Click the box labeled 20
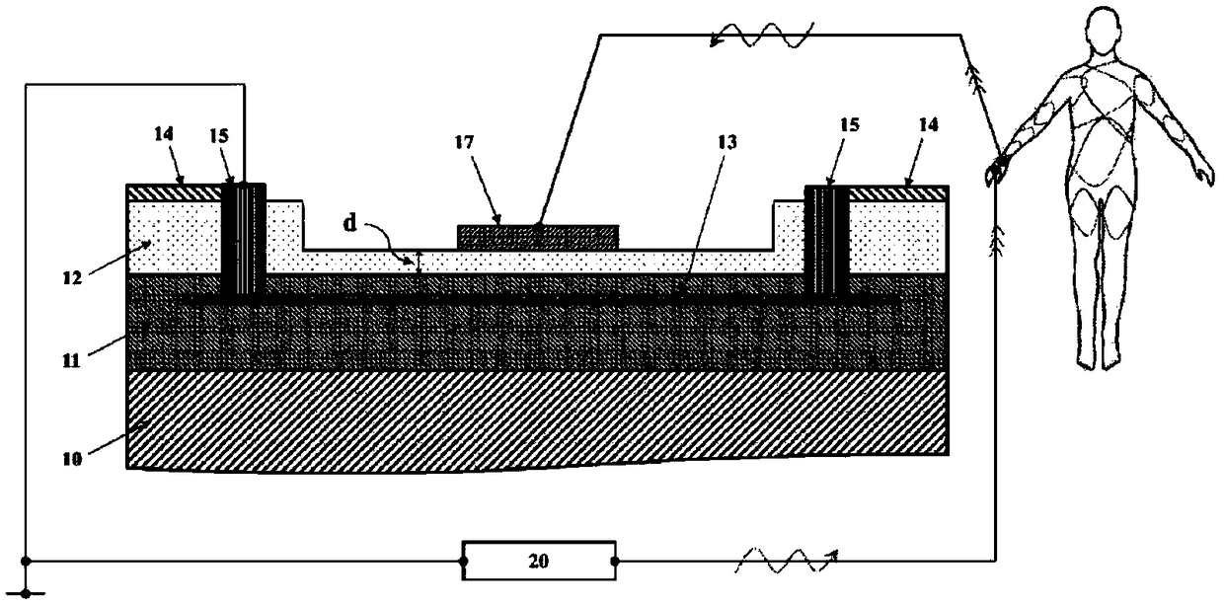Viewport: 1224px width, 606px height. coord(539,562)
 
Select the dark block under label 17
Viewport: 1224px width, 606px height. coord(538,236)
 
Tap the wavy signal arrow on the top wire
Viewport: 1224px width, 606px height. coord(760,38)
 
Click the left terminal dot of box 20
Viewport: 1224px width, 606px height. coord(463,562)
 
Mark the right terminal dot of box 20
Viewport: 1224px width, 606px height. coord(616,562)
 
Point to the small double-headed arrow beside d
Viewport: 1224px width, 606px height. coord(420,262)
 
